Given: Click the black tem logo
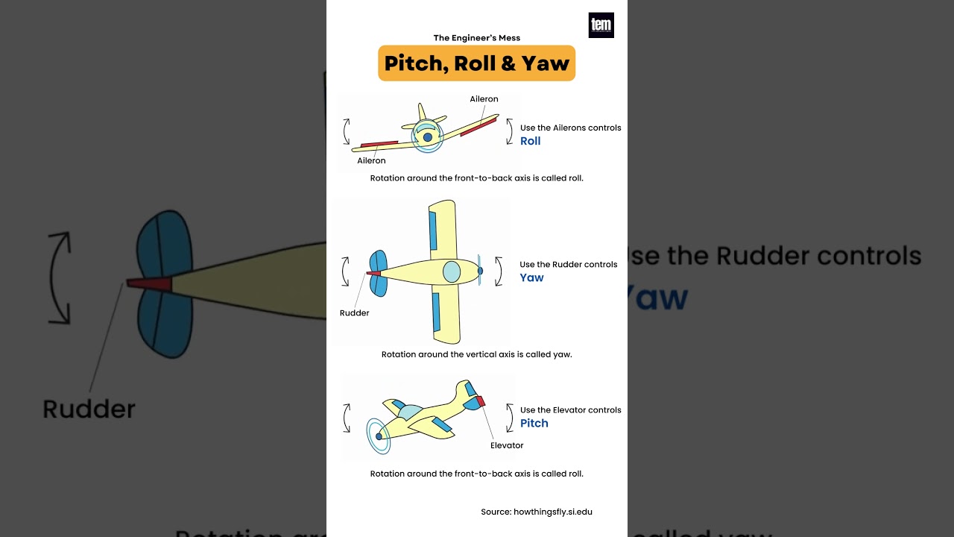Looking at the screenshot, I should click(x=601, y=25).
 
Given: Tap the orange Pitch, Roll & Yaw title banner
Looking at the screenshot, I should click(x=477, y=63).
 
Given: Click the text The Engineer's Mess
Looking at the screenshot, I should click(x=477, y=38).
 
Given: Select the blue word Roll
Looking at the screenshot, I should click(x=530, y=141).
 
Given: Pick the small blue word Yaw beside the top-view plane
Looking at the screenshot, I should click(x=531, y=277).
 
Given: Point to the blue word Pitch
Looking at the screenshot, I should click(x=534, y=423).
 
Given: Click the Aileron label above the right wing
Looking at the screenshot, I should click(x=484, y=99).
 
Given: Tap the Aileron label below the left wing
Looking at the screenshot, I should click(x=371, y=160).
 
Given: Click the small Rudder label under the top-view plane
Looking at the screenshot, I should click(x=354, y=313).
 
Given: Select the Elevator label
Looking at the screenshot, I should click(x=507, y=445).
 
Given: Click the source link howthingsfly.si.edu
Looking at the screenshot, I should click(x=552, y=512).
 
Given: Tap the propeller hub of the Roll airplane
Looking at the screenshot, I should click(x=427, y=137).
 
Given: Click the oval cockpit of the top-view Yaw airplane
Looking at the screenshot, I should click(x=452, y=271).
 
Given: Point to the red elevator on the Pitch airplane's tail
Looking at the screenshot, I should click(x=481, y=401).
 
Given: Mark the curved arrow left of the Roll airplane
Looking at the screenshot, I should click(x=347, y=131).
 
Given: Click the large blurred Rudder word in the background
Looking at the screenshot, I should click(x=89, y=409).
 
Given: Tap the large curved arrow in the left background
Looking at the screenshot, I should click(x=60, y=278).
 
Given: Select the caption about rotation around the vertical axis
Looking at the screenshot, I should click(x=476, y=354).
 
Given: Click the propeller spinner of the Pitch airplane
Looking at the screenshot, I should click(x=379, y=436).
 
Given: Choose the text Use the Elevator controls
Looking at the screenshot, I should click(x=570, y=409).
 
